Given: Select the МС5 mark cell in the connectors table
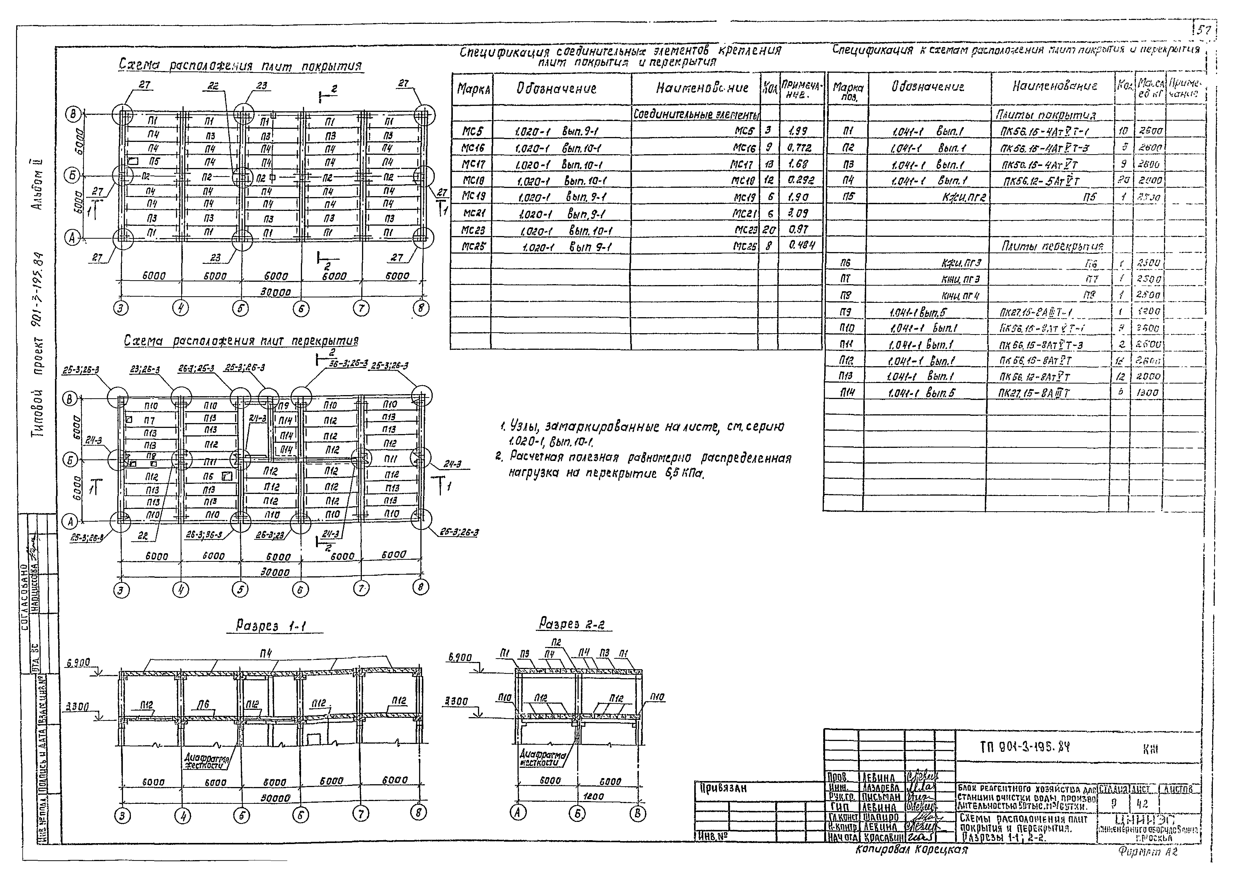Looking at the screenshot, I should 471,131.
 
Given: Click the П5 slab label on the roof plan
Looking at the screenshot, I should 154,161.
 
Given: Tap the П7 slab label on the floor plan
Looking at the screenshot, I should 150,420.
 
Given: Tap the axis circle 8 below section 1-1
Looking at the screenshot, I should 418,812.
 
